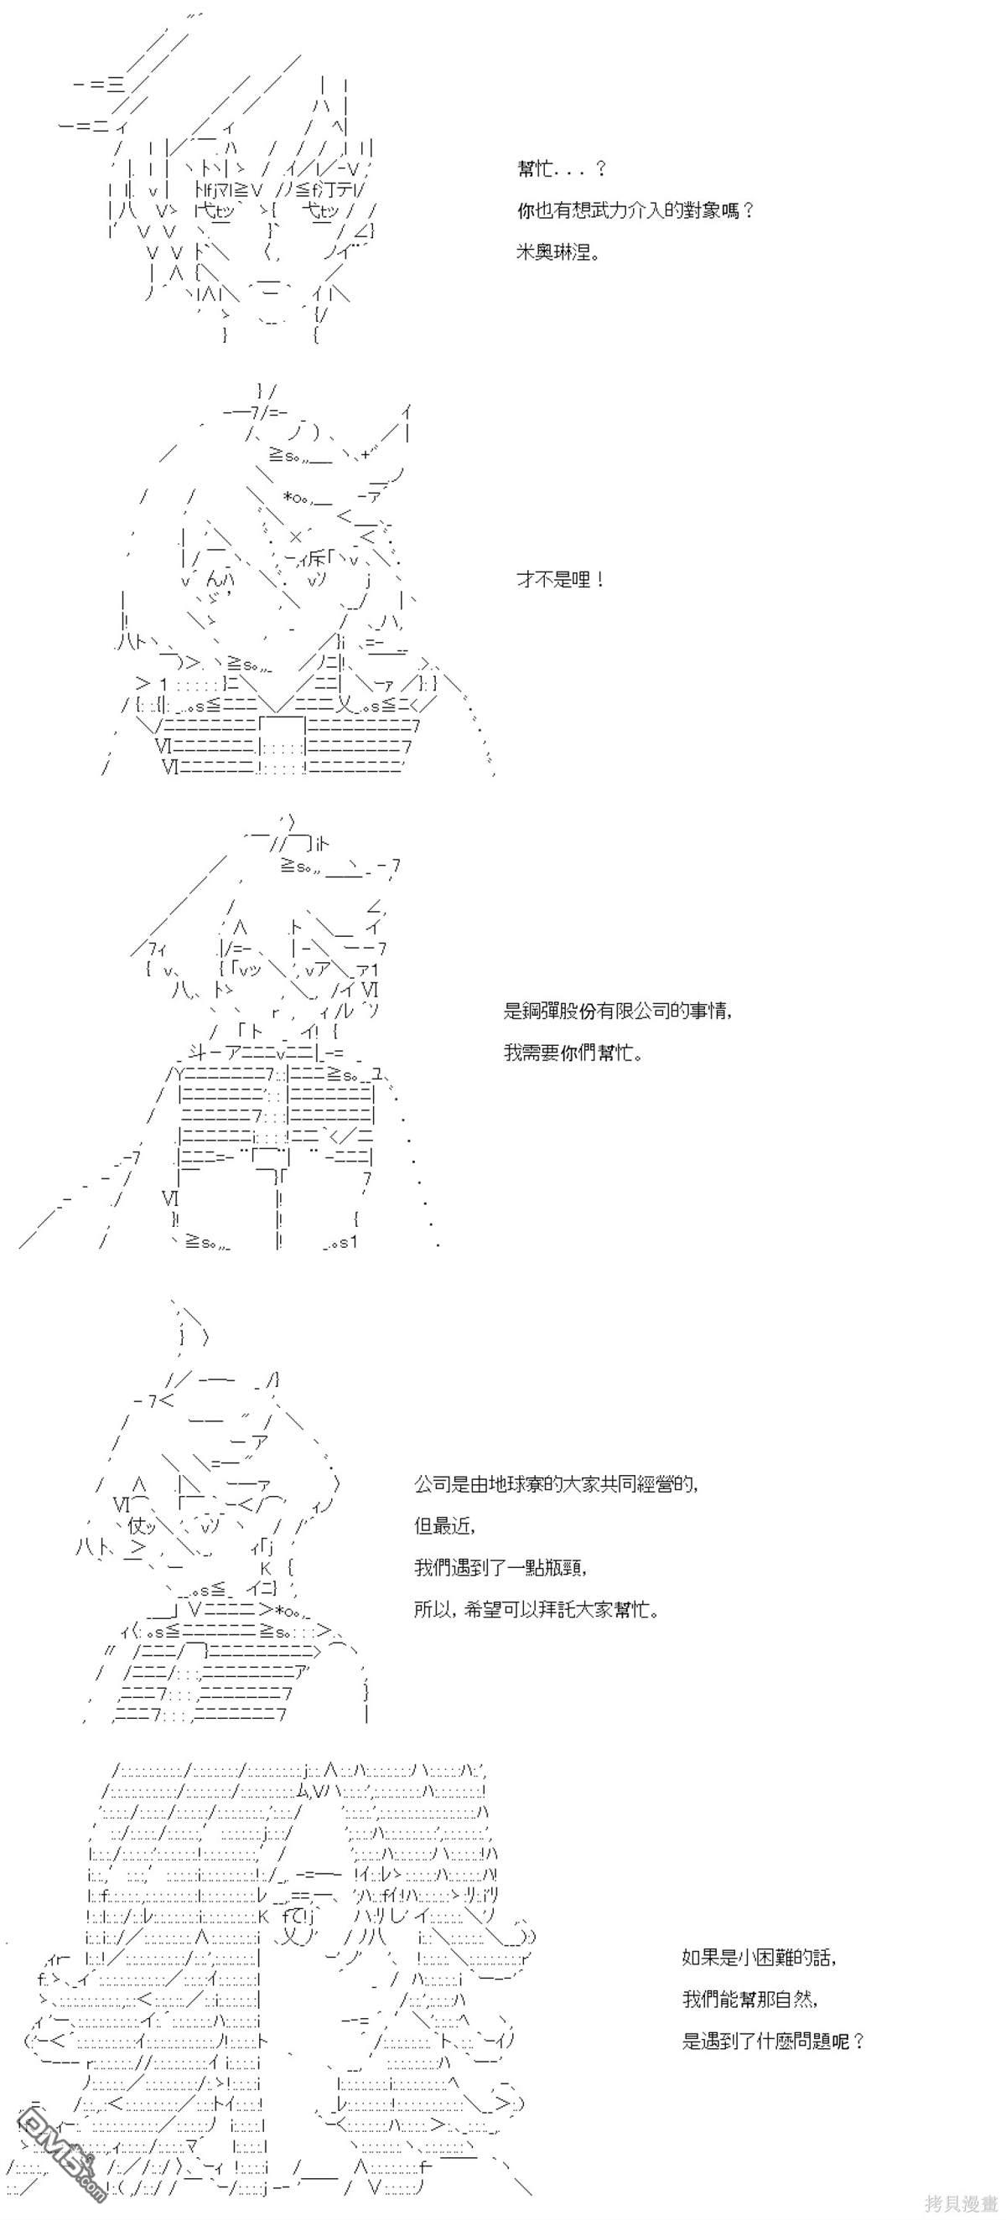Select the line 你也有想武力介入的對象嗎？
click(x=635, y=210)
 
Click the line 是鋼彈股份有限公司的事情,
click(x=618, y=1011)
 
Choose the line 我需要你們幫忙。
click(x=573, y=1053)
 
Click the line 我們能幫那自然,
click(x=750, y=1999)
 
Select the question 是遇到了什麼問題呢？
click(x=773, y=2041)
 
